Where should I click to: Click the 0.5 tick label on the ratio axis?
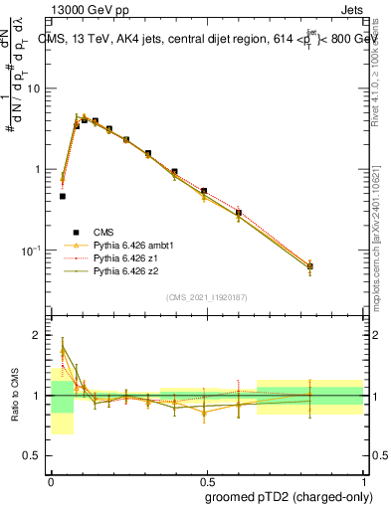(35, 456)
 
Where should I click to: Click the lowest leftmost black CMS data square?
(63, 196)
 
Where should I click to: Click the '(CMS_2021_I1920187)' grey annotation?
(206, 297)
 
